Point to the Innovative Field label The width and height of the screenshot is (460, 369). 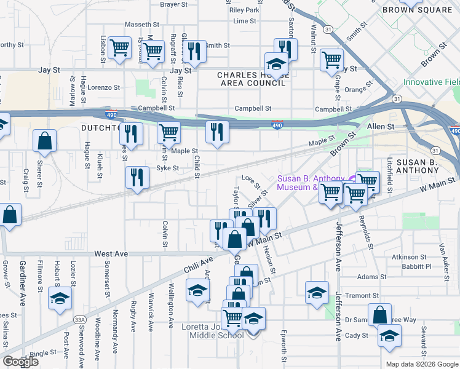[x=431, y=82]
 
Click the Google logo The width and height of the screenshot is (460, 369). [x=20, y=362]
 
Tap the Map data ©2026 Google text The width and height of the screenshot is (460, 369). [x=421, y=364]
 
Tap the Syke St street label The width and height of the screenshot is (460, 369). [x=167, y=168]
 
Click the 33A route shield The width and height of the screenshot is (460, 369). [x=79, y=319]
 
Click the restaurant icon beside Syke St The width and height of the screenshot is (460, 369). [x=137, y=177]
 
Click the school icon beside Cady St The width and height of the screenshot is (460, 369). [x=389, y=336]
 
